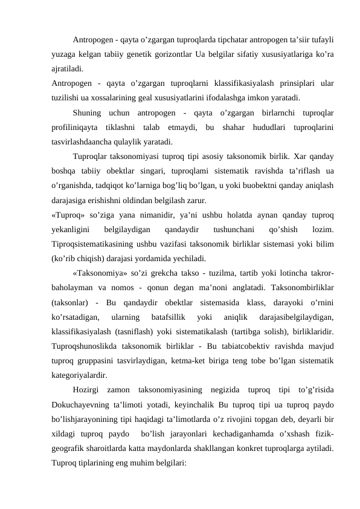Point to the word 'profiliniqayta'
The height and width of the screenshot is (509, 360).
(x=76, y=128)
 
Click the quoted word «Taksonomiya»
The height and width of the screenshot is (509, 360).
(x=104, y=273)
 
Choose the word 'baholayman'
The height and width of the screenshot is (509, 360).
(x=76, y=288)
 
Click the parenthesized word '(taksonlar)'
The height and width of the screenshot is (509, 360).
(x=71, y=302)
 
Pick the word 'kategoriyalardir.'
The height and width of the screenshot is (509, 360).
(x=83, y=375)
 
